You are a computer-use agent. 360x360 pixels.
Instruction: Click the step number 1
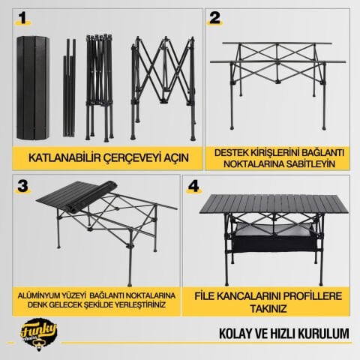click(23, 18)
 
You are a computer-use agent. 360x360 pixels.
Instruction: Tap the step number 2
click(215, 18)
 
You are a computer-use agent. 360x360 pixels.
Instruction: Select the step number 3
click(22, 186)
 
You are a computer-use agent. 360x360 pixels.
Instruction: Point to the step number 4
click(193, 186)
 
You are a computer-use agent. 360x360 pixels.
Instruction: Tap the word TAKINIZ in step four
click(268, 309)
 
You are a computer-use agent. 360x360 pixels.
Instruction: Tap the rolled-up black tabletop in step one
click(33, 88)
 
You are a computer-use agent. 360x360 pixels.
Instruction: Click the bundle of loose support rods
click(69, 88)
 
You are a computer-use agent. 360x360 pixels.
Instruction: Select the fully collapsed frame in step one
click(100, 87)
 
